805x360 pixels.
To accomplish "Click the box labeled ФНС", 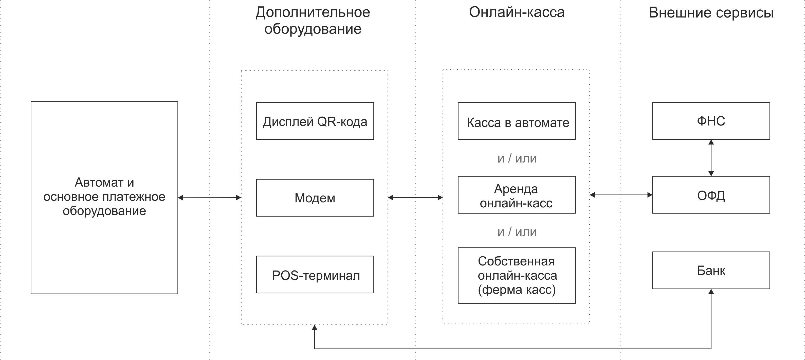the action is [711, 121].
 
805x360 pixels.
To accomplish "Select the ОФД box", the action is [711, 195].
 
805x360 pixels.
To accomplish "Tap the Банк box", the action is [711, 270].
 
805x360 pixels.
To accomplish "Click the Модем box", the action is [315, 198].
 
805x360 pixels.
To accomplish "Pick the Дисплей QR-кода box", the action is [315, 121].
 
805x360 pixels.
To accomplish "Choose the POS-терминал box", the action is [315, 275].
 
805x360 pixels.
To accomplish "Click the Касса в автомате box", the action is [517, 121].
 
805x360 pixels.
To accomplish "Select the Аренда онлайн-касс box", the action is [517, 195].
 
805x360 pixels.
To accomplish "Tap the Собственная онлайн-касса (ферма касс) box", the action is [517, 276].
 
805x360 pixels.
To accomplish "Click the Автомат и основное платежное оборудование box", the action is [104, 197].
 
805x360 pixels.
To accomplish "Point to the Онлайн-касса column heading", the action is [517, 12].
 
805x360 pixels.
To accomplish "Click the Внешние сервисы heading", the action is [711, 13].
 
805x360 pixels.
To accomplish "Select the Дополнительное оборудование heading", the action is [313, 21].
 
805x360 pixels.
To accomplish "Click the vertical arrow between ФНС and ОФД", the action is [711, 158].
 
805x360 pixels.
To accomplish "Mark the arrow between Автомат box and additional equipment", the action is [209, 197].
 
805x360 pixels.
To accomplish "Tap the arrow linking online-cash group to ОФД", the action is [621, 195].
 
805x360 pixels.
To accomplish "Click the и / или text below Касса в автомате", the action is [517, 158].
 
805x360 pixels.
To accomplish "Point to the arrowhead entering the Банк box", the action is [711, 292].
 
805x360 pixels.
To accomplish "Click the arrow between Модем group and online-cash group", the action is [415, 197].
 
